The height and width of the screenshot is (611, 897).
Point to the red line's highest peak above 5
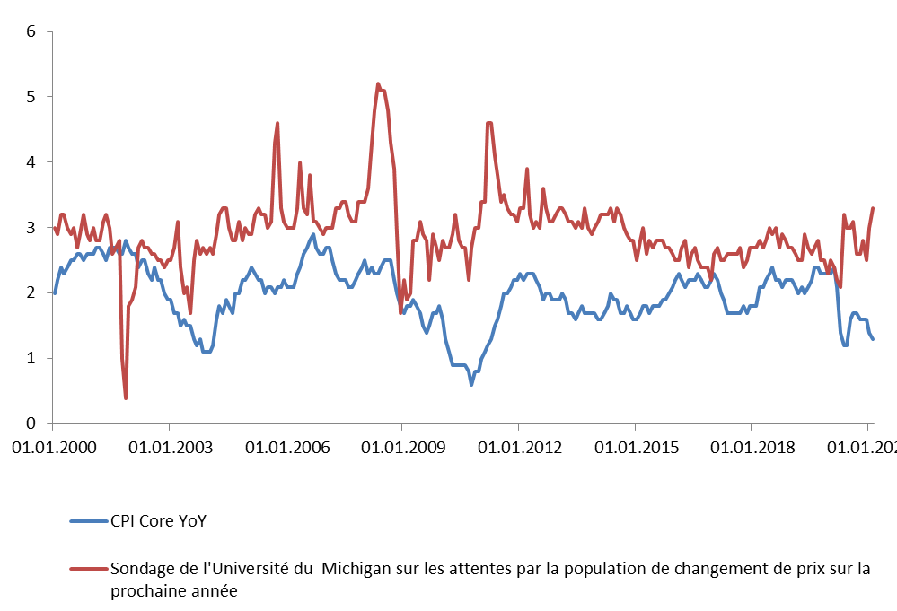click(377, 83)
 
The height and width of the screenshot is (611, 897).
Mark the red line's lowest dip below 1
click(126, 397)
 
